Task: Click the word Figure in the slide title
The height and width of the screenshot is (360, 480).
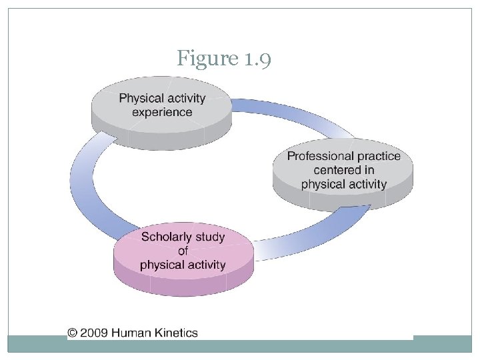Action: (x=203, y=60)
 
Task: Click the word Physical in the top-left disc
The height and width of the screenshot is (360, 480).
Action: (x=140, y=99)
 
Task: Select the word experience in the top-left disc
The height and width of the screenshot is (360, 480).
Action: (x=162, y=112)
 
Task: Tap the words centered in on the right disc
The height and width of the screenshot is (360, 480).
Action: (x=343, y=170)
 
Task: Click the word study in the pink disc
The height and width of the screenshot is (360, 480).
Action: (x=209, y=237)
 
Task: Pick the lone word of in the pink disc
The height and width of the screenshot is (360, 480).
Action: (x=183, y=251)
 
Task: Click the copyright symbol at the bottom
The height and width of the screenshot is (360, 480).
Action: (x=72, y=332)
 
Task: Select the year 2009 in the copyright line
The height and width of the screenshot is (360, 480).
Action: (x=93, y=332)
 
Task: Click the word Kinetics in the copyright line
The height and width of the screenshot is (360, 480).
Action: (x=175, y=332)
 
